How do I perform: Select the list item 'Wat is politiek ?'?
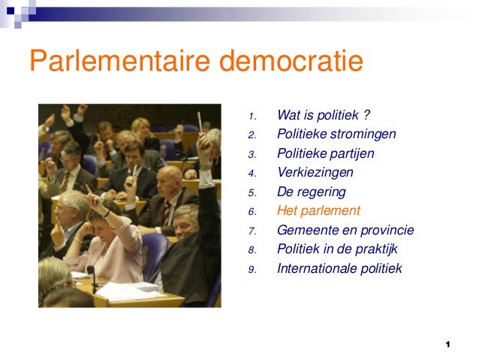[x=324, y=116]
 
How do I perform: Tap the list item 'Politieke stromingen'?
[x=336, y=135]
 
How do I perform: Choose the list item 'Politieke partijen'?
[x=325, y=154]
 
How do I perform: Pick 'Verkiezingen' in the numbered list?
[x=315, y=173]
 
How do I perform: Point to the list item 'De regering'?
[x=311, y=192]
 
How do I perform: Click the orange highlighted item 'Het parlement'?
[x=318, y=211]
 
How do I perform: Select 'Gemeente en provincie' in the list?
[x=345, y=231]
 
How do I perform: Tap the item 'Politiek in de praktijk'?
[x=337, y=250]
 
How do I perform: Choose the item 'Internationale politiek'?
[x=339, y=268]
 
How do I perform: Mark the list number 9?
[x=253, y=270]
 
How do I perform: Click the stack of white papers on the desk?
[x=124, y=290]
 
